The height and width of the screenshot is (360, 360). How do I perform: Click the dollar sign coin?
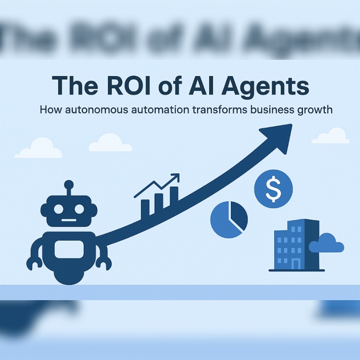tap(273, 188)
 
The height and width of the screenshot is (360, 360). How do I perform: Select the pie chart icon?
tap(229, 219)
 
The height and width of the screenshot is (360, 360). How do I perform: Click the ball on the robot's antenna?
tap(68, 184)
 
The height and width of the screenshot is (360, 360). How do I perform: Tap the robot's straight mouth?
tap(68, 220)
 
